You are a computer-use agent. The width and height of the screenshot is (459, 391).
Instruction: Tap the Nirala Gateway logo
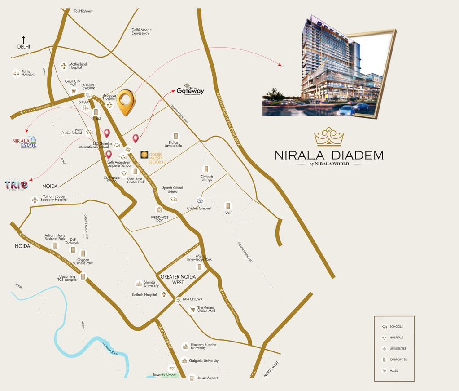(190, 90)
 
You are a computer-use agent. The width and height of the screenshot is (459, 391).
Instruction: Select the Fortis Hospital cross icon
(17, 73)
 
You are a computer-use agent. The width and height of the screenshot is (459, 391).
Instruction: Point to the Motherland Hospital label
(78, 66)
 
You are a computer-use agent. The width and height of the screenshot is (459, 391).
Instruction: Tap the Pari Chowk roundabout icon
(179, 300)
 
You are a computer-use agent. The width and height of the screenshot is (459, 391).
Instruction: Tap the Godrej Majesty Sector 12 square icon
(144, 154)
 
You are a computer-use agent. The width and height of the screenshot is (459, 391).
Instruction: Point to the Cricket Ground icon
(200, 200)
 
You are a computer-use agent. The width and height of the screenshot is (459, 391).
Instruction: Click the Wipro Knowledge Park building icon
(199, 267)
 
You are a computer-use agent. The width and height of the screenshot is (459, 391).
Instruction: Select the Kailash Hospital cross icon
(164, 295)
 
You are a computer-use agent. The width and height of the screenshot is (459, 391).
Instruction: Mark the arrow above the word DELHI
(24, 40)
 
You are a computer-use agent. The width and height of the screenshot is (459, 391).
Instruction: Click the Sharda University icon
(139, 284)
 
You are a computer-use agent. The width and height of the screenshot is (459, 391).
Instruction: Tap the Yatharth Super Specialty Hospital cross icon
(35, 200)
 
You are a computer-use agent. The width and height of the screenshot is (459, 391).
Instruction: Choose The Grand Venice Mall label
(206, 309)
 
